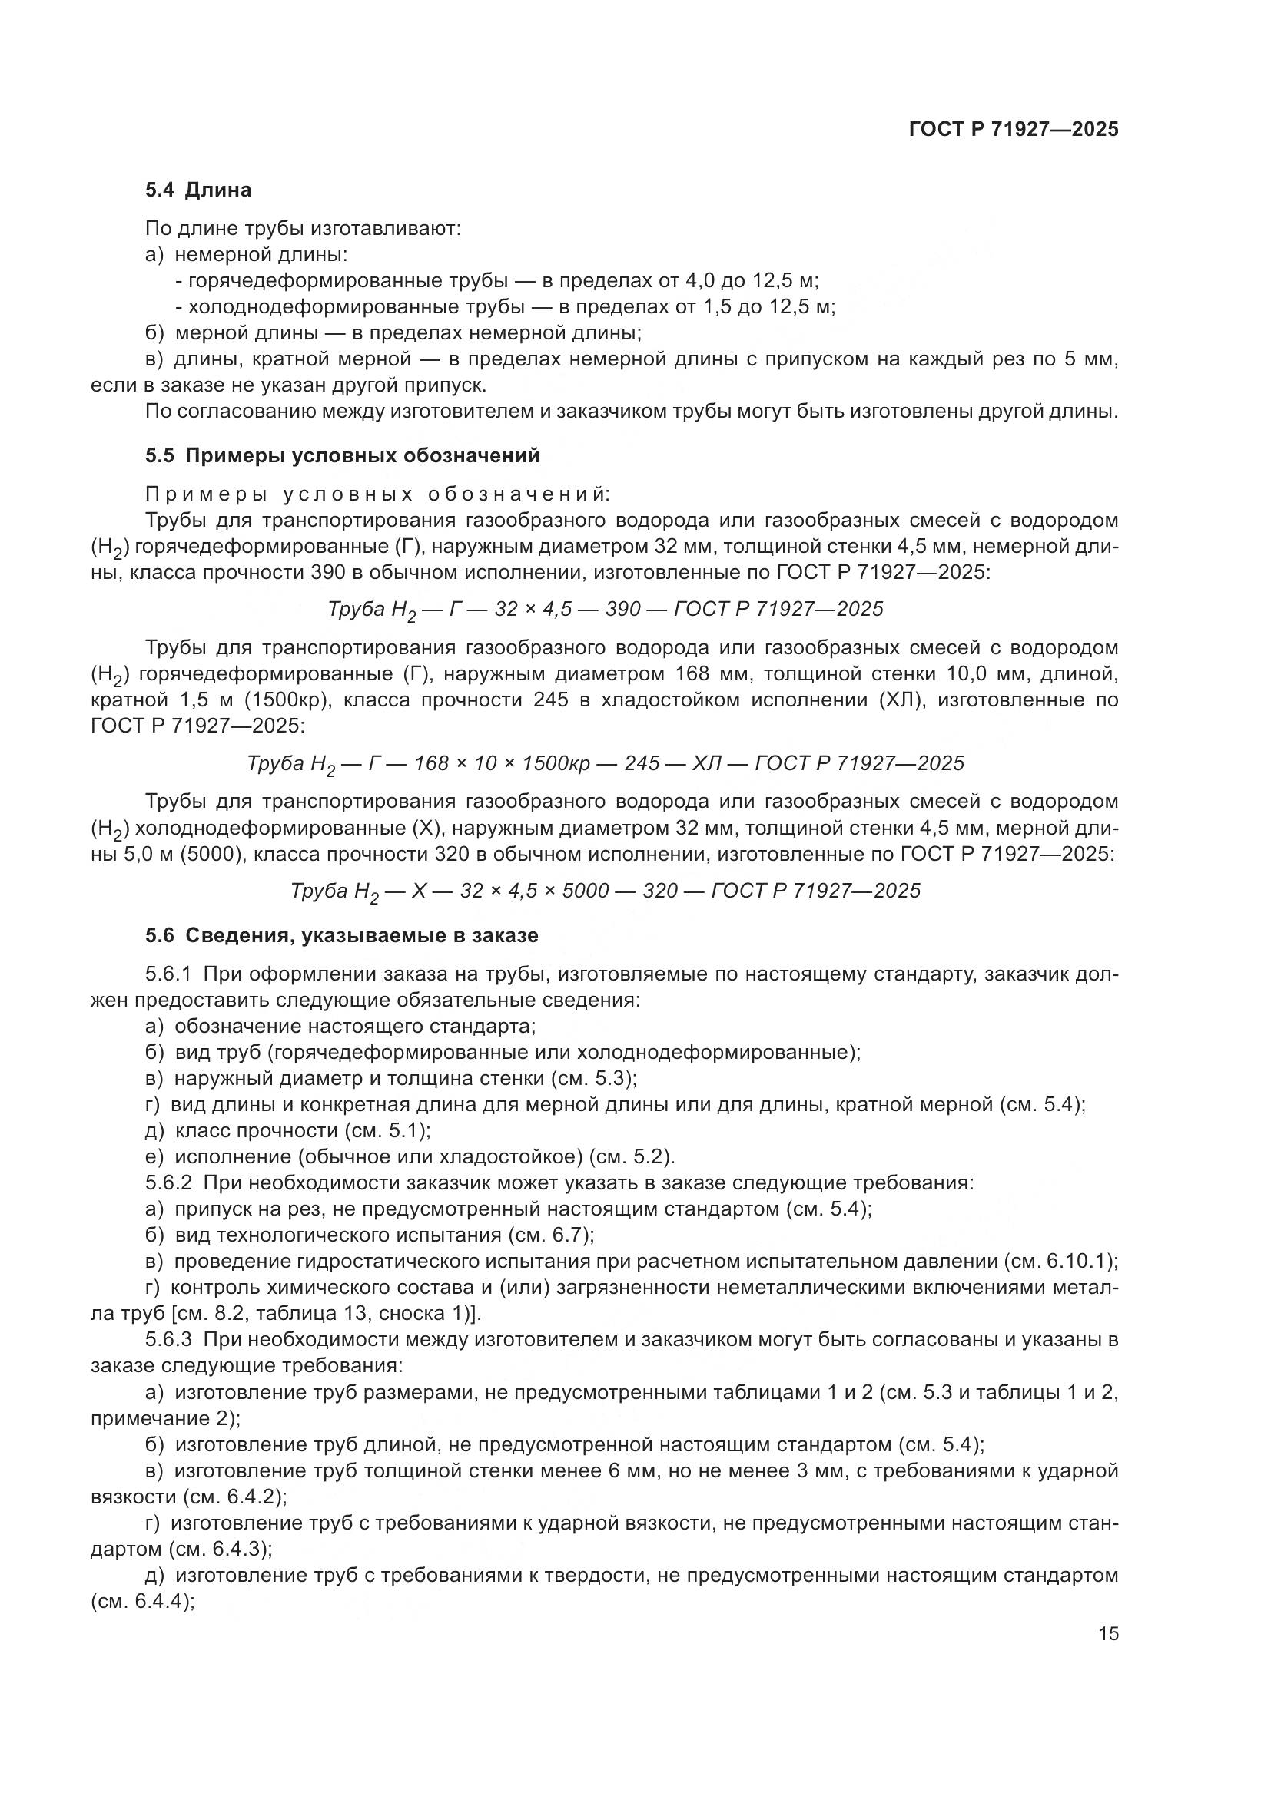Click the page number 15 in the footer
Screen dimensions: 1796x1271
pos(1108,1634)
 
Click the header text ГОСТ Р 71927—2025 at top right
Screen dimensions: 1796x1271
pos(1014,130)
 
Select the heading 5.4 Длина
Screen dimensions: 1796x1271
pos(198,190)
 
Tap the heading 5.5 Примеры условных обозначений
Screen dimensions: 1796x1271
pos(342,455)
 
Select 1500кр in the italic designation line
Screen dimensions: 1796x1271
pos(556,762)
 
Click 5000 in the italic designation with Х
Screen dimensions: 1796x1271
pos(581,890)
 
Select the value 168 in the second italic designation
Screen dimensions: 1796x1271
pos(430,762)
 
